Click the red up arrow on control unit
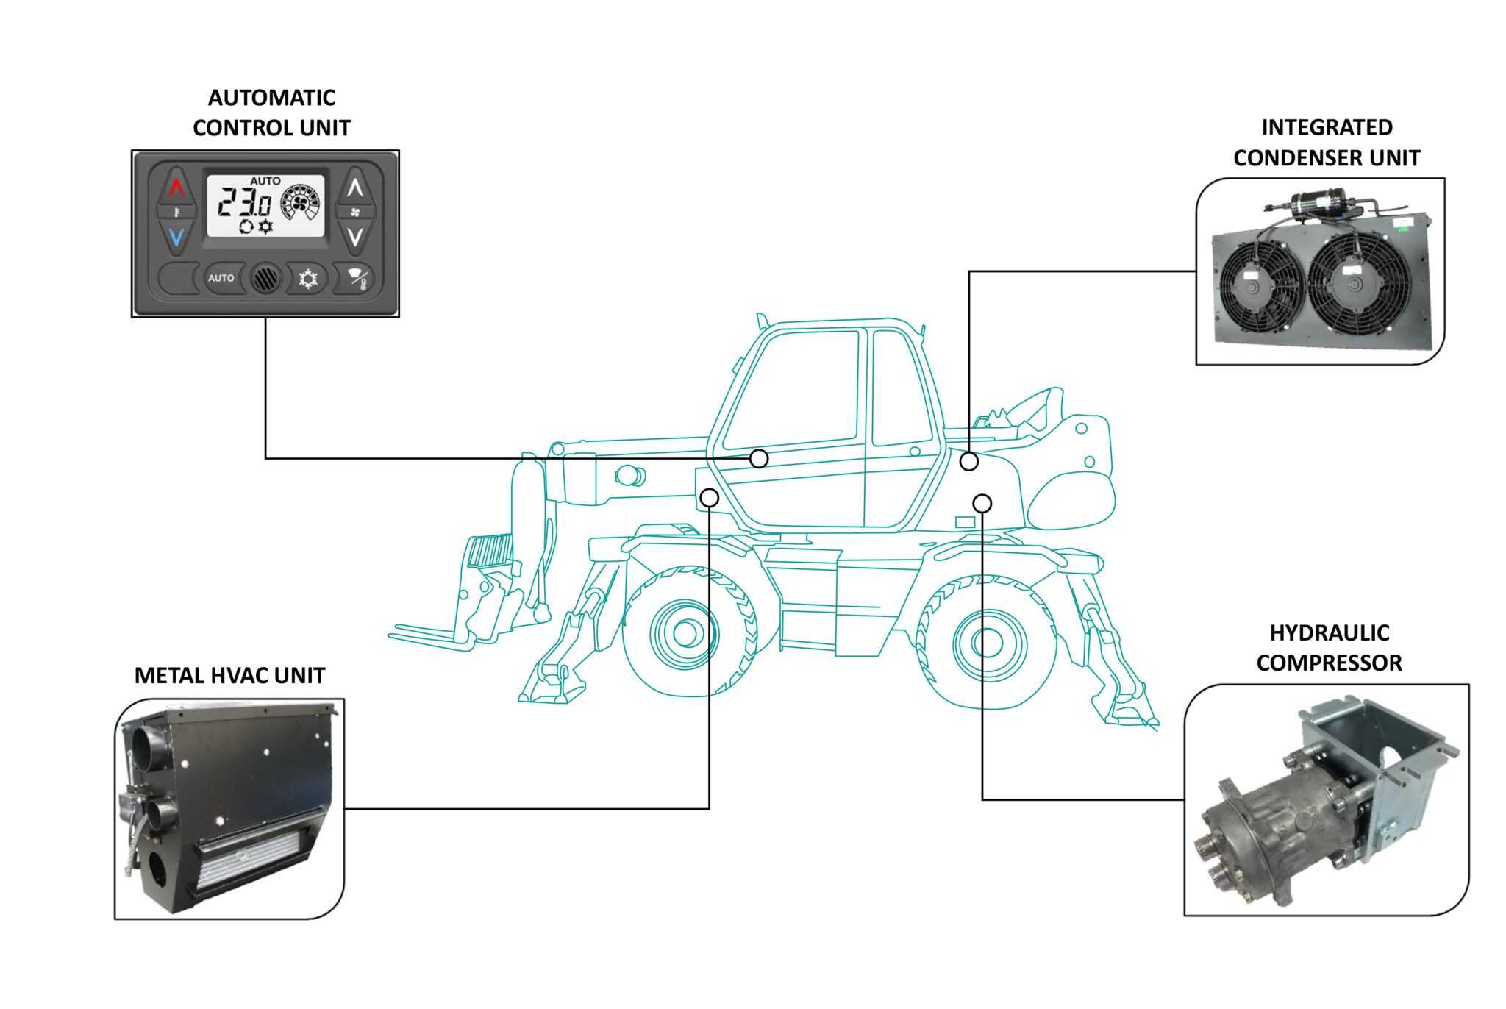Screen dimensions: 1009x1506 click(176, 188)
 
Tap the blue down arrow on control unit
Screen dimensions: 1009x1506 click(176, 238)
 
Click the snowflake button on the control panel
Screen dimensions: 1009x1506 click(307, 279)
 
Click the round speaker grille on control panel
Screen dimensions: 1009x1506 click(265, 279)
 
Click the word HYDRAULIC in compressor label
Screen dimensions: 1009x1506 click(1329, 632)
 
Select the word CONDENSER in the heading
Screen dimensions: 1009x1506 click(1290, 158)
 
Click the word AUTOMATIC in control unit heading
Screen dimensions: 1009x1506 click(271, 98)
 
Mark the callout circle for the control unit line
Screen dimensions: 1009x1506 click(759, 459)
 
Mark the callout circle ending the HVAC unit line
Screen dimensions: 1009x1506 click(709, 498)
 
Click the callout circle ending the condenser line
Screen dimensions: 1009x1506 click(968, 461)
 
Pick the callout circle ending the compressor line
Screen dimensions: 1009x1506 click(982, 503)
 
